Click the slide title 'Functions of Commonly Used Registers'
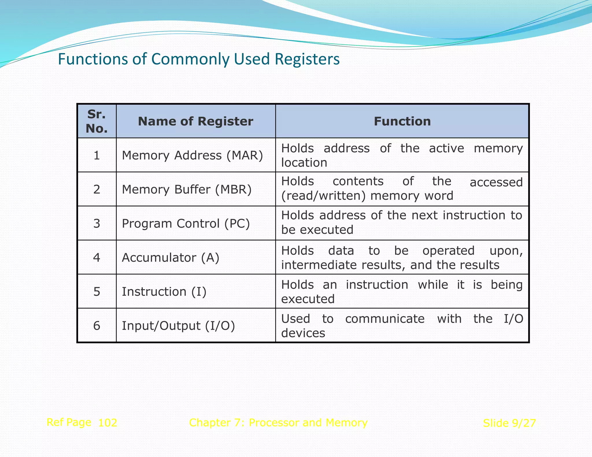[199, 59]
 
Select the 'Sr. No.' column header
[97, 121]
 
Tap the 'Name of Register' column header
[195, 121]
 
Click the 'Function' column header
[402, 121]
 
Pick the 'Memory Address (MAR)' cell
[192, 155]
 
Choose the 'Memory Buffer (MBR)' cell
[187, 190]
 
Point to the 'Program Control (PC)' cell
[186, 224]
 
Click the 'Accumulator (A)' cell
[171, 257]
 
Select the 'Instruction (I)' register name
[164, 291]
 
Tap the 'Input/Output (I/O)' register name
[178, 326]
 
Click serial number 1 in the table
[97, 155]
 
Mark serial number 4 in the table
[97, 257]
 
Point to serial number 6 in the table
[97, 326]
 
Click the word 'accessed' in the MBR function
[496, 182]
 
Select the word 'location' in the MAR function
[304, 163]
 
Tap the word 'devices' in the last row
[303, 333]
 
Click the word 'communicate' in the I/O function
[385, 319]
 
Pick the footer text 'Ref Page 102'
[82, 422]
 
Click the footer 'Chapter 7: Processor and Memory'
[278, 423]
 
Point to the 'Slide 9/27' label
[509, 423]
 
